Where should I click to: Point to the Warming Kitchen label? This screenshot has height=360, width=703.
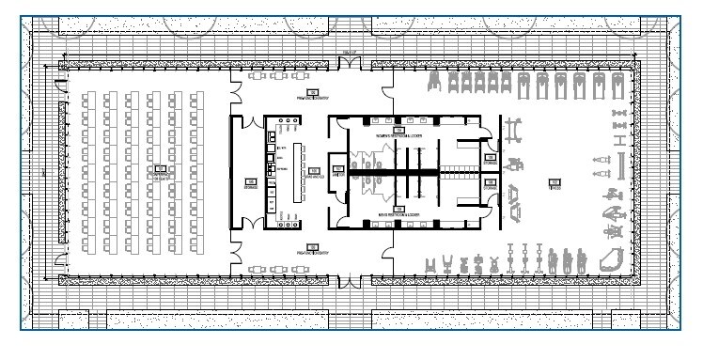(x=311, y=176)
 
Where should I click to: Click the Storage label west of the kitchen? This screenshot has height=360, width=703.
(x=250, y=183)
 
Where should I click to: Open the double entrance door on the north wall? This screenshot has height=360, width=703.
(x=351, y=65)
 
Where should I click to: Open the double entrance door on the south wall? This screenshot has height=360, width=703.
(x=351, y=279)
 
